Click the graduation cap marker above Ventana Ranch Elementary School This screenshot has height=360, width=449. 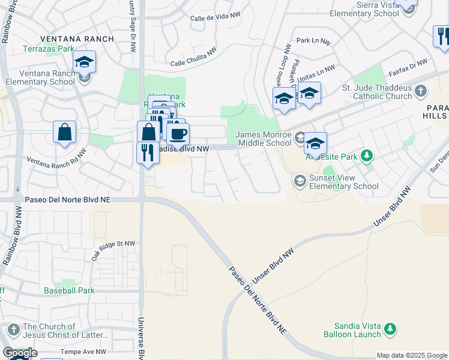(85, 62)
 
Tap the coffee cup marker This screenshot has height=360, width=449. (178, 133)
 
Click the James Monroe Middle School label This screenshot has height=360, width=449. (263, 139)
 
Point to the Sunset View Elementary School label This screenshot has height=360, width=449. (343, 182)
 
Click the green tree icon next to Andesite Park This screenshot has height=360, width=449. (366, 157)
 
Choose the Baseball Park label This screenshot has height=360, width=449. (69, 290)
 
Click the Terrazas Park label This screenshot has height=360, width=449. (49, 49)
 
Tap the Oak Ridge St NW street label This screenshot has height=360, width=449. (113, 247)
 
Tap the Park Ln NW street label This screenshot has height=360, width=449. (313, 41)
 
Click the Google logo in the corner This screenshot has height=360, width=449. (20, 353)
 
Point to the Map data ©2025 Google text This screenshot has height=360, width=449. (412, 355)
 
